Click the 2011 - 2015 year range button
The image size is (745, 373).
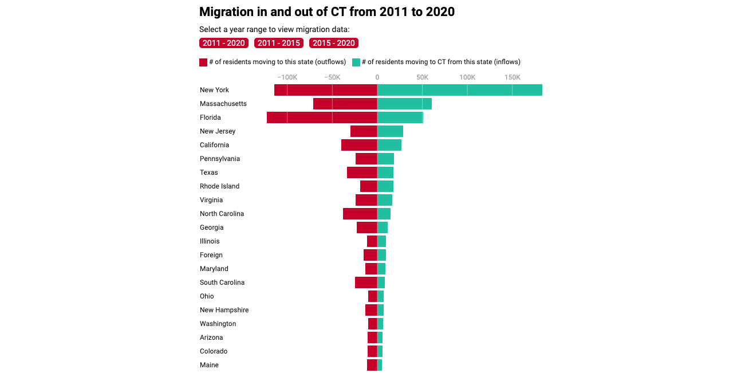pos(278,43)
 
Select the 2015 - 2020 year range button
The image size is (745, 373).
pos(333,43)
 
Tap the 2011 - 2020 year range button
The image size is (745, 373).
pos(223,43)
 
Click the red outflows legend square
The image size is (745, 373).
pos(203,62)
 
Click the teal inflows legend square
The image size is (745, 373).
pos(356,62)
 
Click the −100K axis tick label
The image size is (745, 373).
pos(286,77)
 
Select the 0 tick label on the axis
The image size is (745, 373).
pos(377,77)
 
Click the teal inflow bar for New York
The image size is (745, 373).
pos(459,90)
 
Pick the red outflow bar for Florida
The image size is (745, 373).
pos(322,117)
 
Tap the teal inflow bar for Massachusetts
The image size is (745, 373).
pos(404,104)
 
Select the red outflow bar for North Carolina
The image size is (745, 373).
pos(360,214)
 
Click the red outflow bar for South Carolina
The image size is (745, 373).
pos(366,282)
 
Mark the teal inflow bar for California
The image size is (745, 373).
pos(389,145)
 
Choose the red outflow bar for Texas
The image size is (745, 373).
pos(362,172)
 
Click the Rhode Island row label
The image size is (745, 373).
pos(219,186)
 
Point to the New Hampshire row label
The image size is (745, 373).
pos(224,310)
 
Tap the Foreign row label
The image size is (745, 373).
pos(211,255)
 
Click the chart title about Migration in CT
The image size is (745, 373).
pos(326,12)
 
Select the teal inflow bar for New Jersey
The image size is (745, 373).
pos(390,131)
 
